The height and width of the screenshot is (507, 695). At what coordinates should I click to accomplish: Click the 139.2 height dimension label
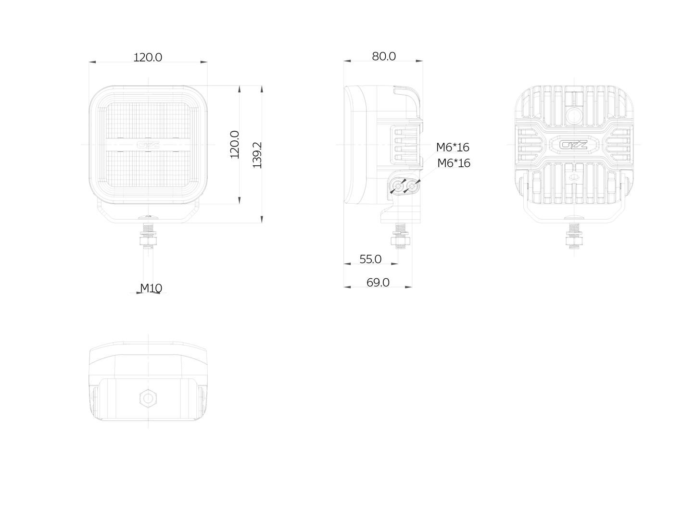(x=257, y=155)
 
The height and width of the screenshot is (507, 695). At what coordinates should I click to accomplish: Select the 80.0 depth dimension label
(x=384, y=56)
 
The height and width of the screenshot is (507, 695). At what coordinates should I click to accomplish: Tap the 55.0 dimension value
(x=370, y=259)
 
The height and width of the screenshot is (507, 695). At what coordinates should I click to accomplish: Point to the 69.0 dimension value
(x=378, y=282)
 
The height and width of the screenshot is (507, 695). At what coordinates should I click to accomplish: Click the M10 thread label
(x=151, y=288)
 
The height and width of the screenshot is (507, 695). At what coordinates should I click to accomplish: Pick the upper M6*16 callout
(x=453, y=147)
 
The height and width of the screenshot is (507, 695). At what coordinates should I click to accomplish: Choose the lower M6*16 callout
(x=454, y=163)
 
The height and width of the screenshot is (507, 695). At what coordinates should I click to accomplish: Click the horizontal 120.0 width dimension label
(x=148, y=57)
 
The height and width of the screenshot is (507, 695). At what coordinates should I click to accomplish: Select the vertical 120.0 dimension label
(x=235, y=145)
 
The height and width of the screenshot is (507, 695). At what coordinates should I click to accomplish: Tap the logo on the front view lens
(x=148, y=145)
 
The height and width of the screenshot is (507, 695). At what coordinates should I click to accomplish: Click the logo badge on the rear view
(x=573, y=145)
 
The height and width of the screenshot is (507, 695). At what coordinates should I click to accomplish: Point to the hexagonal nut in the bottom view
(x=148, y=398)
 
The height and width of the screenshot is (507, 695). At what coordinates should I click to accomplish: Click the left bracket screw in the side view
(x=398, y=186)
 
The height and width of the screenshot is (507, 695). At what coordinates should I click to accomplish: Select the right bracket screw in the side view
(x=412, y=186)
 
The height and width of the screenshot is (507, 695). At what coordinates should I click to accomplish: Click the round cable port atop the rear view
(x=574, y=116)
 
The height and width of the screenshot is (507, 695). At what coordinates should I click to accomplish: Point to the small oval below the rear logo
(x=574, y=178)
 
